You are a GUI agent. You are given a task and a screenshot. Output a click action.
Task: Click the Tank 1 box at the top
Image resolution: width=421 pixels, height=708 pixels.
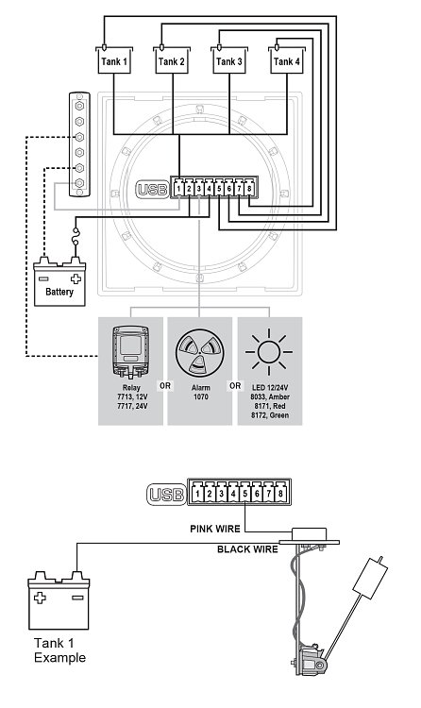pos(114,60)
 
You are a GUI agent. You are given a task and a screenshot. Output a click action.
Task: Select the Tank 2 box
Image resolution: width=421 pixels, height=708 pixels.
pos(172,60)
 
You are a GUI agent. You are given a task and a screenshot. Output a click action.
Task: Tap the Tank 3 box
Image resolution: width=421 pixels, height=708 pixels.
pos(229,60)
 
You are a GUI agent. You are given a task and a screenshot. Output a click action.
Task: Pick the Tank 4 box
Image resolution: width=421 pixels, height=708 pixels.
pos(287,60)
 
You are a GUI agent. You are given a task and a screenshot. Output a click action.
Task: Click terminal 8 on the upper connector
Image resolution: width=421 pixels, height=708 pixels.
pos(249,188)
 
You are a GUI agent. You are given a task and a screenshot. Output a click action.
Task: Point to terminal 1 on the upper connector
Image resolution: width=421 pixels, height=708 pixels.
pos(179,188)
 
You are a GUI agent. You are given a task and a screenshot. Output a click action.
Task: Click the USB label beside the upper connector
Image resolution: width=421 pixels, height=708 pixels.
pos(152,190)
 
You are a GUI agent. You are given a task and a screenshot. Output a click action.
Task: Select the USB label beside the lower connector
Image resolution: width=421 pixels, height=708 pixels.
pos(166,495)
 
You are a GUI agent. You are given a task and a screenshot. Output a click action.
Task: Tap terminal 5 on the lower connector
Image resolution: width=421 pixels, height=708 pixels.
pos(244,493)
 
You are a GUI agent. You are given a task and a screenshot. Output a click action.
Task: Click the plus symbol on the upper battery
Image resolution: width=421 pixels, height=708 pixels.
pos(76,278)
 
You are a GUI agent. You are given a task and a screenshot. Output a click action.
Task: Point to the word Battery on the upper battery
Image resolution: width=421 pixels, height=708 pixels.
pos(59,292)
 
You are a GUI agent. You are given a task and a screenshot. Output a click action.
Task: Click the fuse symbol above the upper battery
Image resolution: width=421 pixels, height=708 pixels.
pos(76,238)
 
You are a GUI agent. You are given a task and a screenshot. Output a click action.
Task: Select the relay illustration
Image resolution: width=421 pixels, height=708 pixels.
pos(130,352)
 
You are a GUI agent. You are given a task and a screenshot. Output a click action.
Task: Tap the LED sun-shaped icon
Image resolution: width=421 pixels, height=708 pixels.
pos(269,352)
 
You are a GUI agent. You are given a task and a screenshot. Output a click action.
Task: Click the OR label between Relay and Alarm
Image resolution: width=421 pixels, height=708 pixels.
pos(165,386)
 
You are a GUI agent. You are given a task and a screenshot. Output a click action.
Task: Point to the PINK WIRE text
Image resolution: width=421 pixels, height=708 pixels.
pos(215,529)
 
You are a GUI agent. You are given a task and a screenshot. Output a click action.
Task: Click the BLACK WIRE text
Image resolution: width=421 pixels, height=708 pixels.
pos(247,549)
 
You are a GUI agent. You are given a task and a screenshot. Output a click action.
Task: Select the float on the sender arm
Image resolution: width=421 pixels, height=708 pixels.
pos(371,578)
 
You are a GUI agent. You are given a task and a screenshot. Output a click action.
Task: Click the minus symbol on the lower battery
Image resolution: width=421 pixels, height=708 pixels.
pos(77,598)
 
